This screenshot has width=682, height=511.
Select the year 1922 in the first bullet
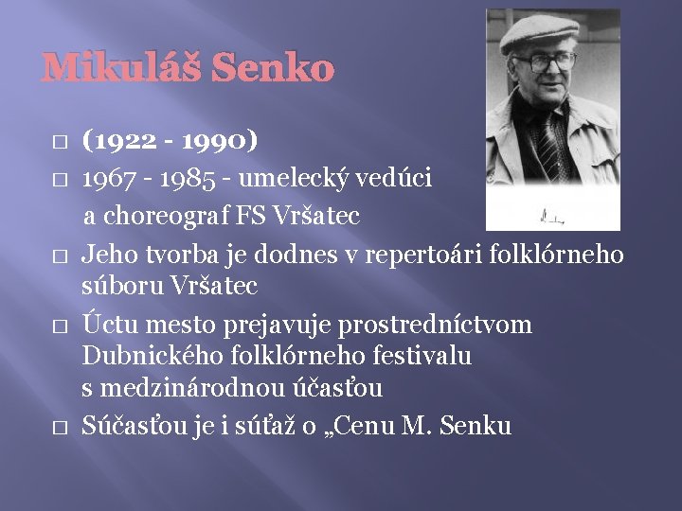[116, 143]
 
